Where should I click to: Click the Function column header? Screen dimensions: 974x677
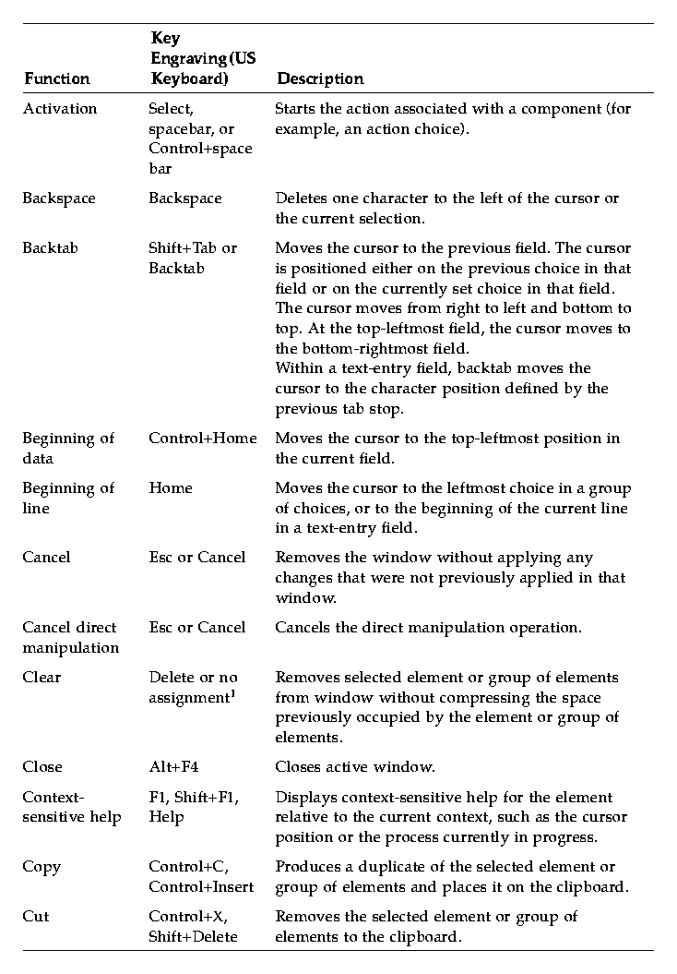56,79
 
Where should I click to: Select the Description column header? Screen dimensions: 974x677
320,79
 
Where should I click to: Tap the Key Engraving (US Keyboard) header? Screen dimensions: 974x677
203,59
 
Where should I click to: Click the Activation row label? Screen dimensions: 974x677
59,109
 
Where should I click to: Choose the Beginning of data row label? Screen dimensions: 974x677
68,448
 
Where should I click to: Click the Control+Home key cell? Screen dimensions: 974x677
202,439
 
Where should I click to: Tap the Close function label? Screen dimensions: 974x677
42,767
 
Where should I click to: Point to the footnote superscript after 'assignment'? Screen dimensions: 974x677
232,692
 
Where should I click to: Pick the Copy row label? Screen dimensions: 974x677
42,867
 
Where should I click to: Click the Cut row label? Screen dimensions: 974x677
36,917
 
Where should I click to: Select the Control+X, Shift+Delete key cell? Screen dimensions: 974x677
193,926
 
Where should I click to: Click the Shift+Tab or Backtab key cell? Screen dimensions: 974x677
193,259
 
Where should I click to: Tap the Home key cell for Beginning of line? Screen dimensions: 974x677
171,488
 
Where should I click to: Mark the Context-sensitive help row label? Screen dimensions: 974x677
71,807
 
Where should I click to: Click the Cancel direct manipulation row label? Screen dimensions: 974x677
70,637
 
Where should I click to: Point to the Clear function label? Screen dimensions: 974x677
42,678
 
